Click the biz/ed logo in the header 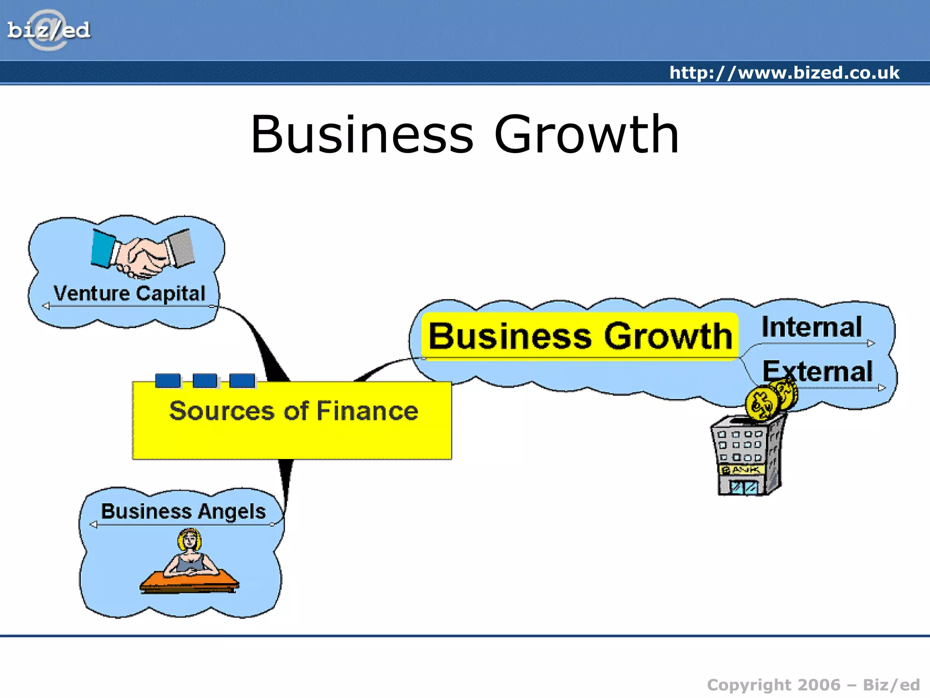tap(49, 30)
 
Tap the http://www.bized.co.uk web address tap(784, 73)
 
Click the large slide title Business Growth tap(465, 135)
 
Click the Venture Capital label tap(129, 293)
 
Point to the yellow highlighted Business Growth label tap(580, 336)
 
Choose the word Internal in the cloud tap(811, 327)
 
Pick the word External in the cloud tap(817, 371)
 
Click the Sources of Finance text tap(293, 411)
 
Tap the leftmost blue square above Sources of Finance tap(168, 380)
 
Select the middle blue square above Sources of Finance tap(205, 380)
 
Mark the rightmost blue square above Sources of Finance tap(242, 380)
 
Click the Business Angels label tap(183, 511)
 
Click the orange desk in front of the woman tap(189, 582)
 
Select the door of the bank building tap(743, 488)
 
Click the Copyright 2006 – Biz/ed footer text tap(813, 685)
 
